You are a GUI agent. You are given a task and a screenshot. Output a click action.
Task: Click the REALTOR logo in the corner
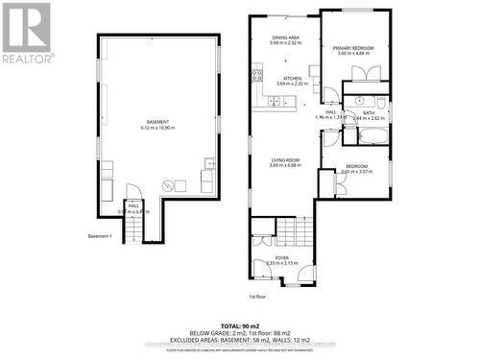pyautogui.click(x=26, y=31)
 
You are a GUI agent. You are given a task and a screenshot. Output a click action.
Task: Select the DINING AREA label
pyautogui.click(x=286, y=36)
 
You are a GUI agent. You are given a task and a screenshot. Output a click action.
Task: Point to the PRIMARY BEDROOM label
pyautogui.click(x=353, y=47)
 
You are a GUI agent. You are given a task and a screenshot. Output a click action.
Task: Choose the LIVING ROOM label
pyautogui.click(x=286, y=158)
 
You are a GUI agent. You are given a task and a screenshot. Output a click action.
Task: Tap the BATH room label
pyautogui.click(x=369, y=112)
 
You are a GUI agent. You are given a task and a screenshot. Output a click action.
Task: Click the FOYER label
pyautogui.click(x=282, y=256)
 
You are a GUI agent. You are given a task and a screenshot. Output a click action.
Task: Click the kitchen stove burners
pyautogui.click(x=256, y=74)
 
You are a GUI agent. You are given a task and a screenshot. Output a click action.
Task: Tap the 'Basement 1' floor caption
pyautogui.click(x=100, y=236)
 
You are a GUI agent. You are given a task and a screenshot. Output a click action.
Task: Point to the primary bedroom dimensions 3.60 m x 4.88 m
pyautogui.click(x=353, y=54)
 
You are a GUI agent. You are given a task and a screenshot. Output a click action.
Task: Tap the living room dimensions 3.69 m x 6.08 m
pyautogui.click(x=286, y=165)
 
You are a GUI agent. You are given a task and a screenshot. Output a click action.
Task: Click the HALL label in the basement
pyautogui.click(x=133, y=205)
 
